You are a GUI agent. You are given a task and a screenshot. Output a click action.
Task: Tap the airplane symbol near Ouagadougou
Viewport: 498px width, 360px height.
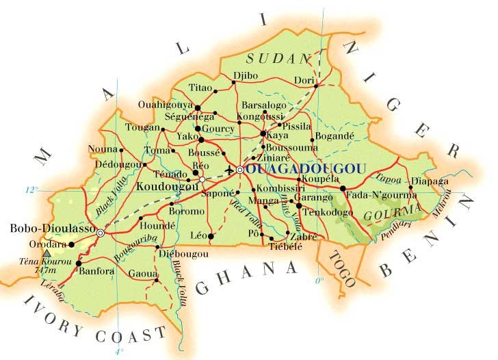pyautogui.click(x=228, y=169)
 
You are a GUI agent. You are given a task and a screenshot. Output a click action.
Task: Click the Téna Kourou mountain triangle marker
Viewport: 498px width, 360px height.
pyautogui.click(x=47, y=253)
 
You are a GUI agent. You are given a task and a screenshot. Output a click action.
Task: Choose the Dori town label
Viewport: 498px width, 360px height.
pyautogui.click(x=303, y=80)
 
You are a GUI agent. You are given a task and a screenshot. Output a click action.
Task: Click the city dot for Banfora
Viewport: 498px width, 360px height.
pyautogui.click(x=79, y=263)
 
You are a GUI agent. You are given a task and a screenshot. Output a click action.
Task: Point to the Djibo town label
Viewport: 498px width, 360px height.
pyautogui.click(x=245, y=75)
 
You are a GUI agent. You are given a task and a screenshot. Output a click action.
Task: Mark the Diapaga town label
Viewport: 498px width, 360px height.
pyautogui.click(x=430, y=181)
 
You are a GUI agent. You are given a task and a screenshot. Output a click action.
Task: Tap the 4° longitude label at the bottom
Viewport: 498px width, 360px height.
pyautogui.click(x=121, y=351)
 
